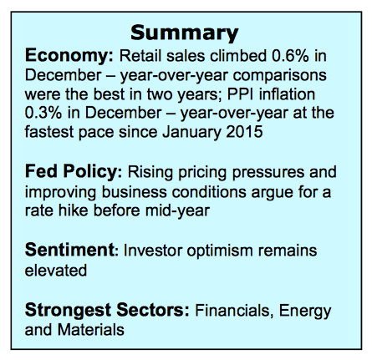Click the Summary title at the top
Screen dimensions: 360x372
tap(186, 33)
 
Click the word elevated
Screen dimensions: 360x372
tap(52, 270)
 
